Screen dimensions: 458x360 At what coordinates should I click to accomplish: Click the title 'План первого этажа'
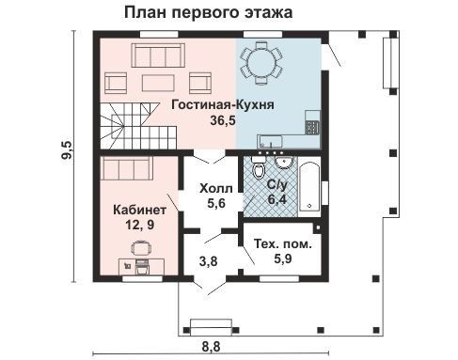pyautogui.click(x=209, y=13)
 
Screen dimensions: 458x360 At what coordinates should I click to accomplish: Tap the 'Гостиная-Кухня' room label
pyautogui.click(x=223, y=104)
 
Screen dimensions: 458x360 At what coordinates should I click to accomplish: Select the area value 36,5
pyautogui.click(x=223, y=120)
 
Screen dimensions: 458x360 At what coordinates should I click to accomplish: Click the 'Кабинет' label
pyautogui.click(x=139, y=210)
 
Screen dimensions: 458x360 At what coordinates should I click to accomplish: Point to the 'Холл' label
pyautogui.click(x=216, y=189)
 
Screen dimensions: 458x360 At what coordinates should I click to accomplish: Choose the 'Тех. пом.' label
pyautogui.click(x=283, y=243)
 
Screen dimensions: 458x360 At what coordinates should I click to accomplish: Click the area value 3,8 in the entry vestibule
pyautogui.click(x=208, y=261)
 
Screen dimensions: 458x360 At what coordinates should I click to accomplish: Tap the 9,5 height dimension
pyautogui.click(x=67, y=150)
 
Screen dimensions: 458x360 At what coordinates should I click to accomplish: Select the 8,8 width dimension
pyautogui.click(x=211, y=347)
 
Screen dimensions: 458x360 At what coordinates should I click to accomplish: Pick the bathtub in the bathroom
pyautogui.click(x=309, y=186)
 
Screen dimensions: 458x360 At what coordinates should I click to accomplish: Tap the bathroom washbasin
pyautogui.click(x=284, y=163)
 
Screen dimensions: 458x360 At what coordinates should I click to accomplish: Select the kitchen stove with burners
pyautogui.click(x=312, y=128)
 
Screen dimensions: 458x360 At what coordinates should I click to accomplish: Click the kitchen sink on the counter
pyautogui.click(x=270, y=141)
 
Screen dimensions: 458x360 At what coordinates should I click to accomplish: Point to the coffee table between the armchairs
pyautogui.click(x=158, y=83)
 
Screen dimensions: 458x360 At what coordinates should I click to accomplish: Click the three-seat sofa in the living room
pyautogui.click(x=158, y=55)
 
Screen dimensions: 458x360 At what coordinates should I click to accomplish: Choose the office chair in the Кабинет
pyautogui.click(x=141, y=248)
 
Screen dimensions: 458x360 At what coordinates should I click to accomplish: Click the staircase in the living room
pyautogui.click(x=138, y=126)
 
